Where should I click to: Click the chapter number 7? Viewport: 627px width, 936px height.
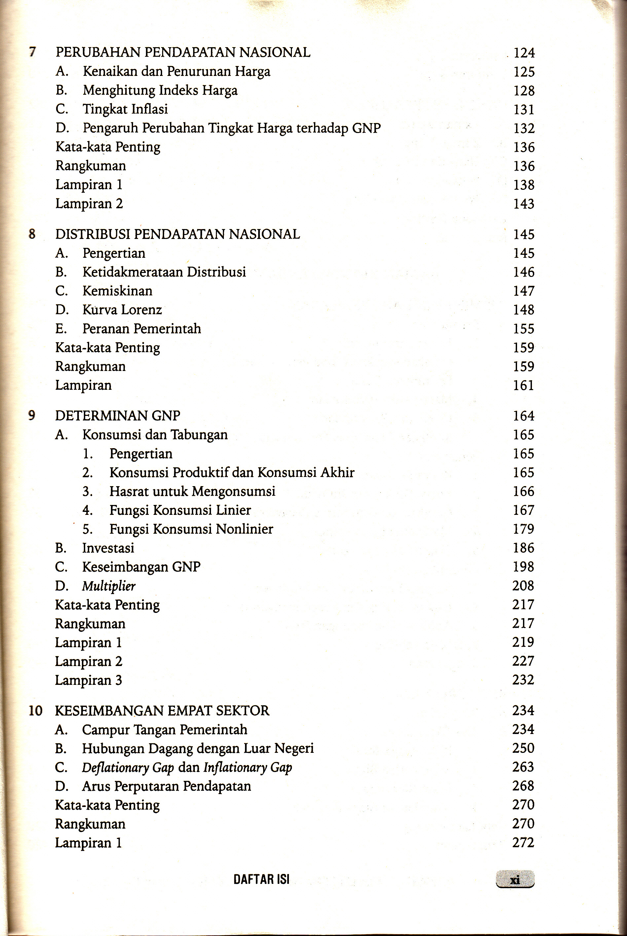32,52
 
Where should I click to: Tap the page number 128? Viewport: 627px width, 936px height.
524,91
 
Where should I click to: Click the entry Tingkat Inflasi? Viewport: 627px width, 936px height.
125,109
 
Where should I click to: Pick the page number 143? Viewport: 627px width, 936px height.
524,204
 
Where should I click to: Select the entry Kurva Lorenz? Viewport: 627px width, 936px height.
122,310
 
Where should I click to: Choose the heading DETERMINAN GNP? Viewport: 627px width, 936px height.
118,416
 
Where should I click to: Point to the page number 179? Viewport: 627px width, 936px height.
524,529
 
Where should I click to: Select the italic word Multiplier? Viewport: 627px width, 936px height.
109,586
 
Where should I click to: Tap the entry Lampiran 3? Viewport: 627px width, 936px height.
88,680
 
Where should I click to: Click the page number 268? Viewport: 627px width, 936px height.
523,786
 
